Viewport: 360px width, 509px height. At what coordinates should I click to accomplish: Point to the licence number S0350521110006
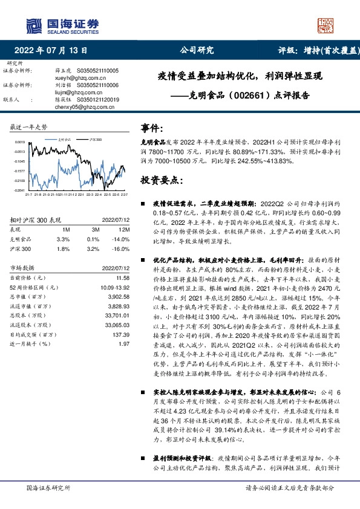97,85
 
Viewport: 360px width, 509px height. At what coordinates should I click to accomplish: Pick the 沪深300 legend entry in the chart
94,138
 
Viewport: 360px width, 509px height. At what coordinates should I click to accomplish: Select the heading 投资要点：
160,180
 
